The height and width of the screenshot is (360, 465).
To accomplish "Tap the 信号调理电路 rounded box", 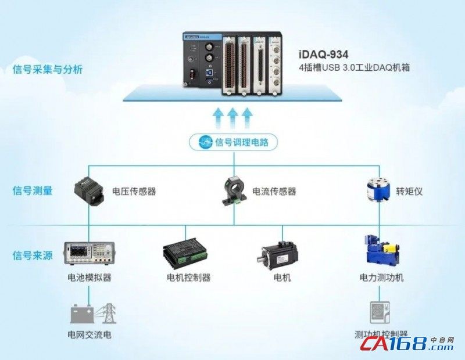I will pyautogui.click(x=234, y=142).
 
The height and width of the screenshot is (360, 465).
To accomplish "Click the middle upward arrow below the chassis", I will pyautogui.click(x=233, y=116).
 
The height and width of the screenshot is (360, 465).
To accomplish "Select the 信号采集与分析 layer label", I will pyautogui.click(x=48, y=70).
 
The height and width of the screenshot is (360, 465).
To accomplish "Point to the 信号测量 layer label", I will pyautogui.click(x=33, y=190).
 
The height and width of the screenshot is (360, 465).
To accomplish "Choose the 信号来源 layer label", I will pyautogui.click(x=33, y=255).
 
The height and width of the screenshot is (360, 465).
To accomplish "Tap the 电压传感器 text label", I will pyautogui.click(x=134, y=192).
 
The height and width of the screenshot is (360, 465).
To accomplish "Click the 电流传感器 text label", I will pyautogui.click(x=274, y=192).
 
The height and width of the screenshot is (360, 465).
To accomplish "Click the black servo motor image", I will pyautogui.click(x=280, y=254).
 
